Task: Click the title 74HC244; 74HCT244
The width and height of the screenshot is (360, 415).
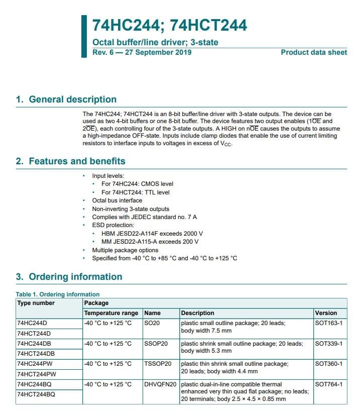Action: coord(169,26)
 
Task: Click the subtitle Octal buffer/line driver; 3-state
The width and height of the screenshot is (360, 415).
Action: coord(155,43)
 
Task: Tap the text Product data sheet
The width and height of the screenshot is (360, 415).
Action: coord(313,52)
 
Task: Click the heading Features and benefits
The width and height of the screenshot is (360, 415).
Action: coord(70,161)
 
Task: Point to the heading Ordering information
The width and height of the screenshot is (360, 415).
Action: coord(69,277)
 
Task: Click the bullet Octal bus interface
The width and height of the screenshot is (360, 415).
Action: coord(117,200)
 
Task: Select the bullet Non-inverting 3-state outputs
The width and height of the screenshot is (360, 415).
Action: coord(131,209)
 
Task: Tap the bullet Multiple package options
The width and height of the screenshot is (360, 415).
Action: coord(125,250)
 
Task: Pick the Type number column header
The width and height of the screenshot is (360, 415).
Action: coord(36,303)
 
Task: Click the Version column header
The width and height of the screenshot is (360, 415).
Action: coord(326,313)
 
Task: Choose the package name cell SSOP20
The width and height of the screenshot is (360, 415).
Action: coord(156,344)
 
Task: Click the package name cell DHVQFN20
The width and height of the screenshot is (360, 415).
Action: coord(160,384)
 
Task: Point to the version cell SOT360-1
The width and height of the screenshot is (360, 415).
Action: coord(328,364)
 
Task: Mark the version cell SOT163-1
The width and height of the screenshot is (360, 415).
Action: coord(328,323)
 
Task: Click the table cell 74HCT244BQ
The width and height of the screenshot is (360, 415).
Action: coord(36,394)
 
